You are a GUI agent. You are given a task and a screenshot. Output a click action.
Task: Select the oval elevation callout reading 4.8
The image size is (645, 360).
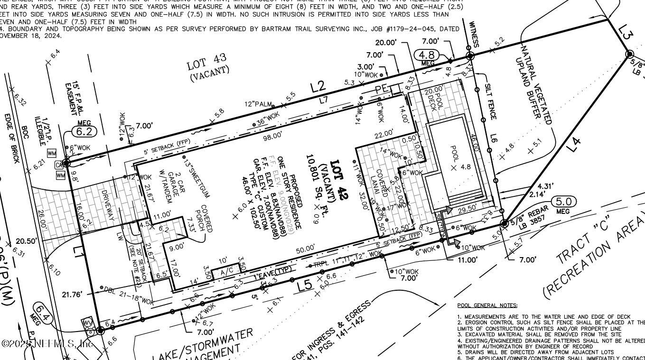pyautogui.click(x=426, y=55)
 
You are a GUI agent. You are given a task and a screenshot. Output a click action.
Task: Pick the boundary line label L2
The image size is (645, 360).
pyautogui.click(x=318, y=86)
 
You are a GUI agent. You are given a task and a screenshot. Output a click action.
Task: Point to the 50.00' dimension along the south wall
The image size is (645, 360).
pyautogui.click(x=305, y=248)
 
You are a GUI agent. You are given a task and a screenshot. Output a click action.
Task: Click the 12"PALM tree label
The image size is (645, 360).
pyautogui.click(x=258, y=104)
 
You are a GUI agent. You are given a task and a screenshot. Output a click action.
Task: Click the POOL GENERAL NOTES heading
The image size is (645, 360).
pyautogui.click(x=487, y=305)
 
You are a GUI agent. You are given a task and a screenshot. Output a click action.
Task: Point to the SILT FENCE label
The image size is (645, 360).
pyautogui.click(x=490, y=102)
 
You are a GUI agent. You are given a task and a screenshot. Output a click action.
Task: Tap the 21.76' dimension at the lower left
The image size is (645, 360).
pyautogui.click(x=73, y=295)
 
